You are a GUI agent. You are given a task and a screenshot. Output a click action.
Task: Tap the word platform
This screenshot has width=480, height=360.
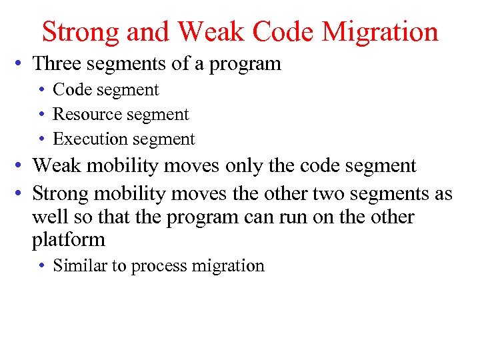click(69, 240)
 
